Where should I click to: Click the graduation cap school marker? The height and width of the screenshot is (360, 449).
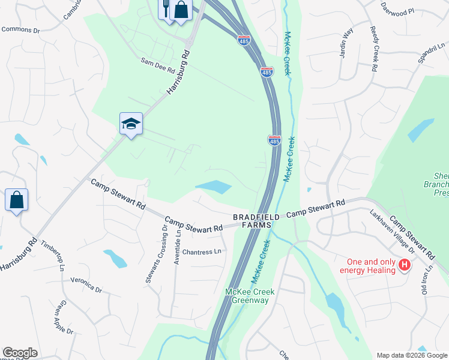[131, 124]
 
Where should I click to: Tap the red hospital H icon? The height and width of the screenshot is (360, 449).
[405, 264]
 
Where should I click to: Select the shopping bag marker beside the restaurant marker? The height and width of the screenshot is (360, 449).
[180, 10]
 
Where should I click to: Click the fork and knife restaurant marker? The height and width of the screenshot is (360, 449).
[166, 8]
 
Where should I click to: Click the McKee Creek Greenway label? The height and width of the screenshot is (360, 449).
[250, 296]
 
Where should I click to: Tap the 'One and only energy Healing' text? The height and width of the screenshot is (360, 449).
[372, 266]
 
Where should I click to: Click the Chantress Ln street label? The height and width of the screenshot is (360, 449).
[202, 252]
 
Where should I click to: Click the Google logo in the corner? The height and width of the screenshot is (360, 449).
[20, 353]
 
